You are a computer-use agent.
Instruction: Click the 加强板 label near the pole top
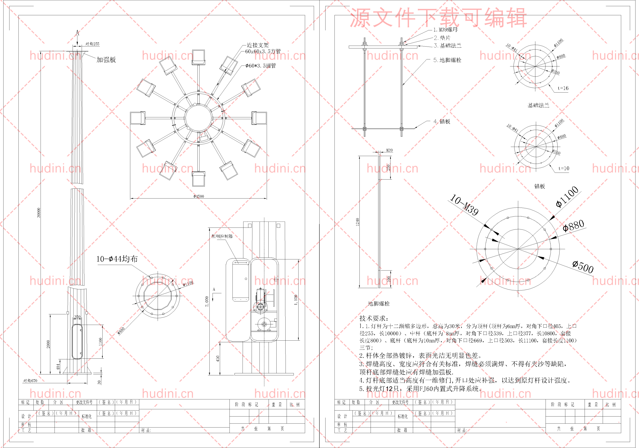point(106,60)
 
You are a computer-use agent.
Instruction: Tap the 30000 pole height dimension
point(39,213)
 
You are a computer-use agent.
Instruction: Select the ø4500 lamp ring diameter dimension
point(199,196)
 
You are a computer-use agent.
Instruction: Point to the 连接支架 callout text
point(258,45)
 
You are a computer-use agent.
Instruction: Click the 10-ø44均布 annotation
point(117,259)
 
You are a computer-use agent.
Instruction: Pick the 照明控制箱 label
point(222,236)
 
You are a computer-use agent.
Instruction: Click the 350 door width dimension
point(77,317)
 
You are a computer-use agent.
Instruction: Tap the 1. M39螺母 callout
point(446,29)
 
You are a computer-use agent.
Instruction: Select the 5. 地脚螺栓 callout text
point(447,60)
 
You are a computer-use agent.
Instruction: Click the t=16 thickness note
point(563,88)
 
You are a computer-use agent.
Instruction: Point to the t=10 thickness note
point(564,169)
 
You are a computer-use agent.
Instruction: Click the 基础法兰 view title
point(538,105)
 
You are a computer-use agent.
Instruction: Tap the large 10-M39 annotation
point(464,205)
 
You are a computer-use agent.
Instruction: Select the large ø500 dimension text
point(583,266)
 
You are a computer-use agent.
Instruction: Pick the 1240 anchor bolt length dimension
point(358,222)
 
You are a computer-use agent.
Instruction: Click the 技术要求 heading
point(373,318)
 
